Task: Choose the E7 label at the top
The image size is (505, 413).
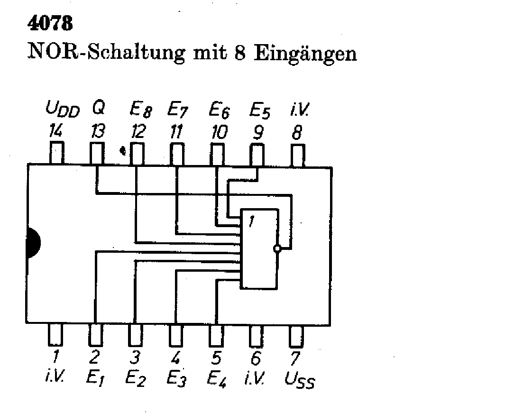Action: [178, 111]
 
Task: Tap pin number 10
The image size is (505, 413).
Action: [219, 132]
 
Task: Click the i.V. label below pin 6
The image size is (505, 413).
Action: [256, 378]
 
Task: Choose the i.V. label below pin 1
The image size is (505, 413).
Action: [55, 378]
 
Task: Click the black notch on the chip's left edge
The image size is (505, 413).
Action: [33, 243]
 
